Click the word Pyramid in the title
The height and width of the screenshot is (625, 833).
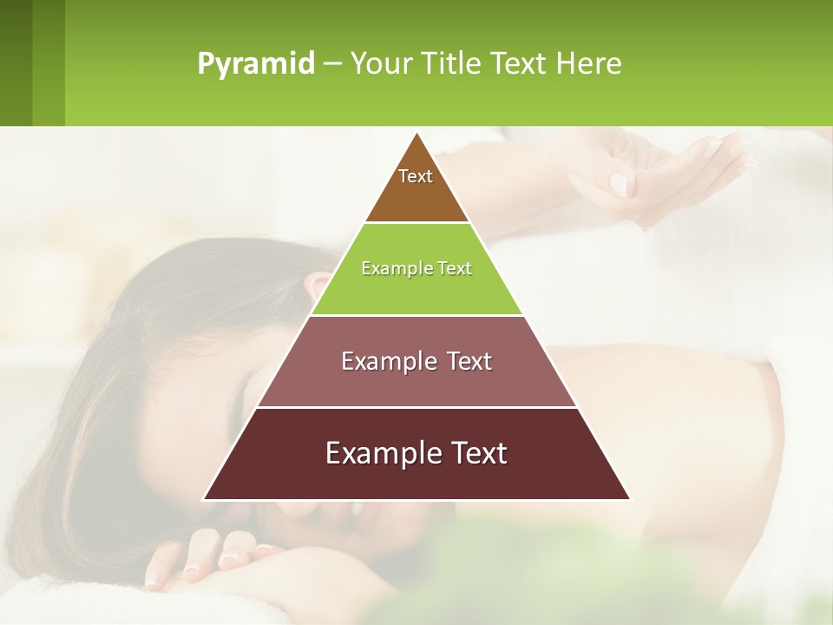256,64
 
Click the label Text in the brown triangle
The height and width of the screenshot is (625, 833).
416,176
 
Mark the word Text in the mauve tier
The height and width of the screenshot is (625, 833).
461,361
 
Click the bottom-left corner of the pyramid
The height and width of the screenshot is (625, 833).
205,498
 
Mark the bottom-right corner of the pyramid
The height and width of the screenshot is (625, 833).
629,498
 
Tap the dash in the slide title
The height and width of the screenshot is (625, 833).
332,64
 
